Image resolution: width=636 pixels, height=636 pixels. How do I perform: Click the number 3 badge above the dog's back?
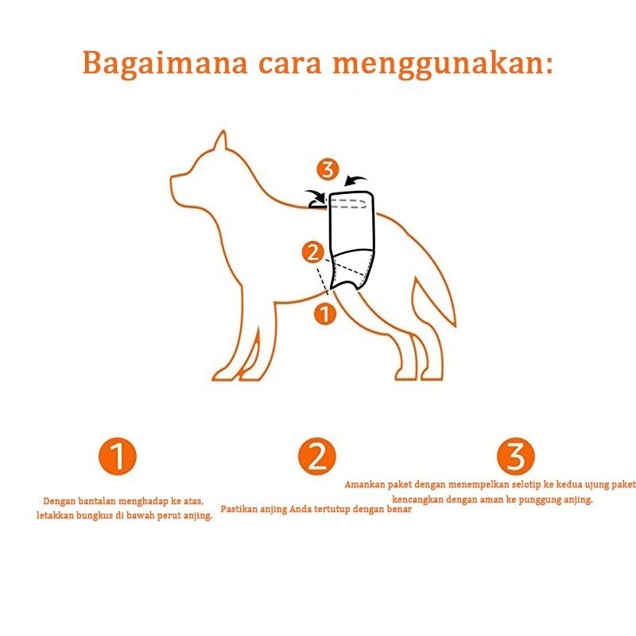pos(328,169)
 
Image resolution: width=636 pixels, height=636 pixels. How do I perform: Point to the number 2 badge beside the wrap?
pos(313,252)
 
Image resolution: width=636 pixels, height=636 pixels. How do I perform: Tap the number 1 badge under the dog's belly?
pos(325,314)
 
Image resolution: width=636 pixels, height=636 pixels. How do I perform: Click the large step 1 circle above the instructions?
pos(118,456)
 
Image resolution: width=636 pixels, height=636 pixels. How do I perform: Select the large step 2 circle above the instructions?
pos(317,456)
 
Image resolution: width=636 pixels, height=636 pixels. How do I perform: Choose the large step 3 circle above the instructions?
pos(516,456)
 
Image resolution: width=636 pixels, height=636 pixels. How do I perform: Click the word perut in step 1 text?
pos(169,516)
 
